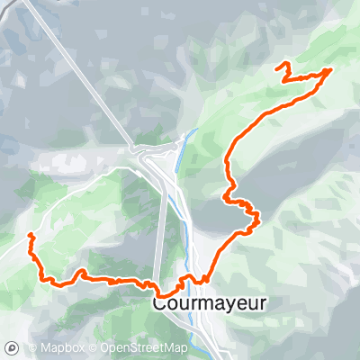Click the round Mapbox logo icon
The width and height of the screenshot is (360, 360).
coord(13,347)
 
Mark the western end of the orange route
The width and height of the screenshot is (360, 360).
coord(30,235)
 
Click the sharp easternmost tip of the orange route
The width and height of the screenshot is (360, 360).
coord(331,69)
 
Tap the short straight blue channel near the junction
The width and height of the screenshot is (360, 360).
coord(187,141)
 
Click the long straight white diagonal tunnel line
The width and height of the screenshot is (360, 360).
coord(81,72)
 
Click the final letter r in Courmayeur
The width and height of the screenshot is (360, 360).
coord(263,304)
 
